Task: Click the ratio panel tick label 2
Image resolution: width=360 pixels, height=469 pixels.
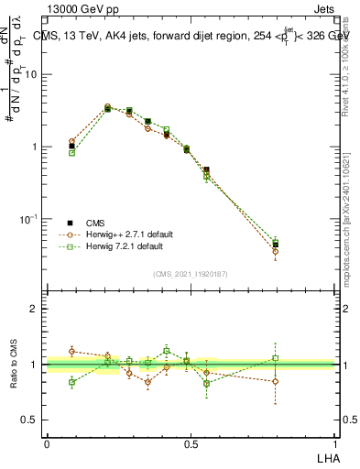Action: tap(36, 309)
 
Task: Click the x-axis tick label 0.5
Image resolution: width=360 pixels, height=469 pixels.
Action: tap(190, 444)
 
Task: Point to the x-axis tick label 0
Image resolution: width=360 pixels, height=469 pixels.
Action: tap(47, 444)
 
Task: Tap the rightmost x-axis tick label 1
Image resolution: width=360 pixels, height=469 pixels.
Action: tap(333, 444)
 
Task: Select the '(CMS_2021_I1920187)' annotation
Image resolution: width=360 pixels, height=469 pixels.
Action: tap(191, 274)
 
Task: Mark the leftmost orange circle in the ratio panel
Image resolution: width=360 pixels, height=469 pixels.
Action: tap(72, 351)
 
